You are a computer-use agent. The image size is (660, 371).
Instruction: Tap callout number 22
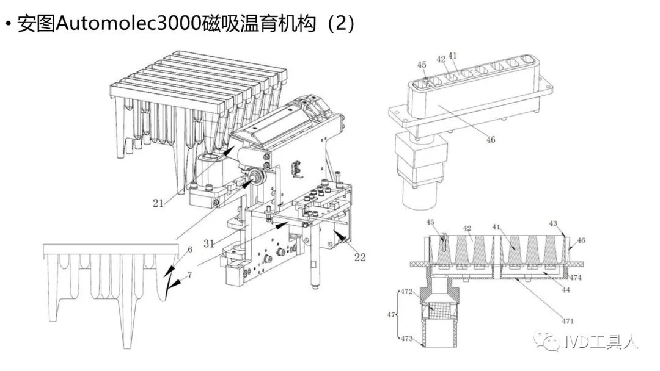pos(359,257)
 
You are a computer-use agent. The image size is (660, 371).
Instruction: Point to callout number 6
pos(190,250)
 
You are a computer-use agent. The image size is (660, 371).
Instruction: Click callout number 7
pos(190,275)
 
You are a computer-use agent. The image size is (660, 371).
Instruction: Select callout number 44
pos(566,290)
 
